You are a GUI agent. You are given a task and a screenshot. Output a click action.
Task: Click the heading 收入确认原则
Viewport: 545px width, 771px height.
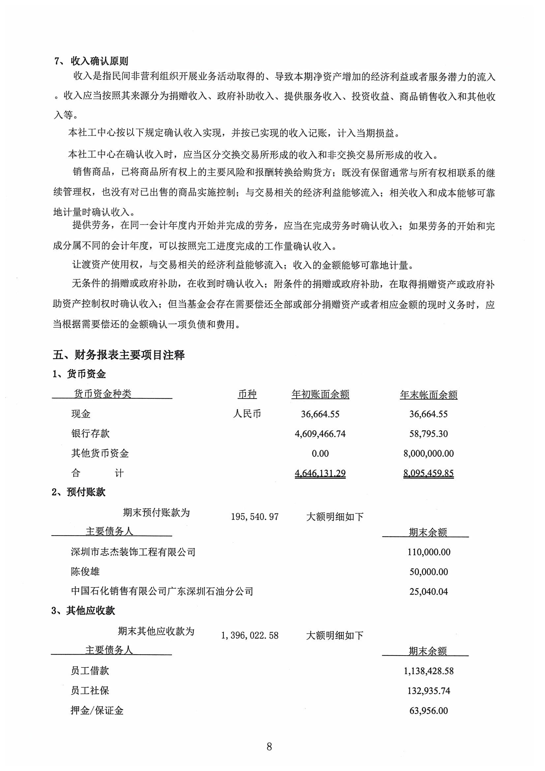99,61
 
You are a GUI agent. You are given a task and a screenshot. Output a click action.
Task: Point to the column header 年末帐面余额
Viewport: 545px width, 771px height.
429,394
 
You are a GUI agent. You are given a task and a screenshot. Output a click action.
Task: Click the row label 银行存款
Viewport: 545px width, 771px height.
90,434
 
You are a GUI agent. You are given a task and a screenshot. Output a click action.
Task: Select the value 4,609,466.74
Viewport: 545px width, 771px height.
320,434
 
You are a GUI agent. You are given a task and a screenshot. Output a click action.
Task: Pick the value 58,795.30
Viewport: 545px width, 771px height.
429,434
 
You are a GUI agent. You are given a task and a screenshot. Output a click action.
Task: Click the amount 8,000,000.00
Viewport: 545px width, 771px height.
429,454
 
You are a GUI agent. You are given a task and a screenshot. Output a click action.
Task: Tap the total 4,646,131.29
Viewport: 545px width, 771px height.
320,473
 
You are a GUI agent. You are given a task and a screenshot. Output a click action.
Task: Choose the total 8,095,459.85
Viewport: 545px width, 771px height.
429,473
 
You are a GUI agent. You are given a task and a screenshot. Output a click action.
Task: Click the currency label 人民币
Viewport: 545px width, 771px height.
247,414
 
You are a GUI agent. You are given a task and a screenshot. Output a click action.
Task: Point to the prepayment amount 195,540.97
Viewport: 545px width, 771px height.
255,516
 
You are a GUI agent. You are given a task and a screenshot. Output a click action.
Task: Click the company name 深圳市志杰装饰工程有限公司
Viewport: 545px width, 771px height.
133,552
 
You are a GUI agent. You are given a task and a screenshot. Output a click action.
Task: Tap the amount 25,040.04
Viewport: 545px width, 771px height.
429,592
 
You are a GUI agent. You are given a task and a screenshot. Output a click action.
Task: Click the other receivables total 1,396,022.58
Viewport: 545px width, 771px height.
250,635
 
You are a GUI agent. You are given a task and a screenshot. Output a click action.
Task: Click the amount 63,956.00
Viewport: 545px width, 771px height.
429,711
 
